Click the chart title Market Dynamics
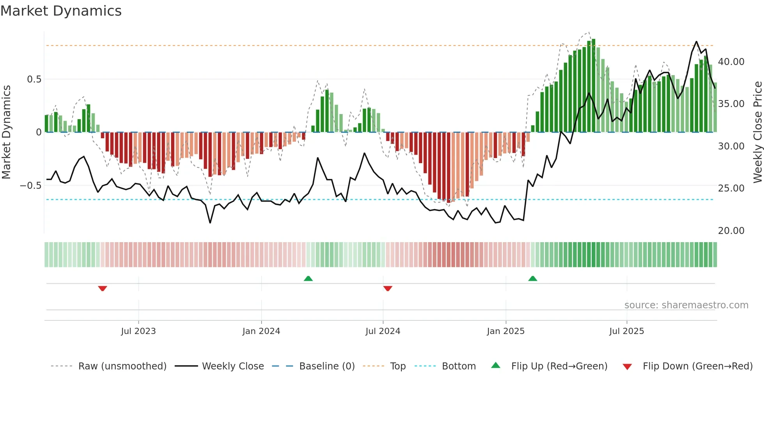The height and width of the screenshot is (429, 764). (x=61, y=11)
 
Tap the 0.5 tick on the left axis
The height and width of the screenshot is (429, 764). (x=34, y=79)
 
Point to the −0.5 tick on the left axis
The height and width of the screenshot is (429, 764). (x=31, y=186)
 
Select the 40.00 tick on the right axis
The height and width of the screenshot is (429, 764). (x=731, y=62)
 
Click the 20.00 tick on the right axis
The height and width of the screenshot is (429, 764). (x=731, y=231)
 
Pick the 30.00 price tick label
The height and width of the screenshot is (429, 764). (x=731, y=146)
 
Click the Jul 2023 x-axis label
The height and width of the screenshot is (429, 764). (x=138, y=331)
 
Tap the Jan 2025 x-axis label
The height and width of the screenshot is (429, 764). (x=506, y=331)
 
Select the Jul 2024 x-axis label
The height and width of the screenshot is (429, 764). (x=383, y=331)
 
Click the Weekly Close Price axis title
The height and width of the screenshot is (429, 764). (x=757, y=132)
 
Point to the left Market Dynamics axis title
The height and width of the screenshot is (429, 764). (x=6, y=132)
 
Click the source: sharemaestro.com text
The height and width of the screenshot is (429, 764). (x=686, y=305)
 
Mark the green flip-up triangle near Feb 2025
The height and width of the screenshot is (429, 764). (x=532, y=279)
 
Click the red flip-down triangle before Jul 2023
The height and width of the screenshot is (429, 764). (x=103, y=288)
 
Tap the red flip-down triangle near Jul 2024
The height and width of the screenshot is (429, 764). (x=387, y=288)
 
